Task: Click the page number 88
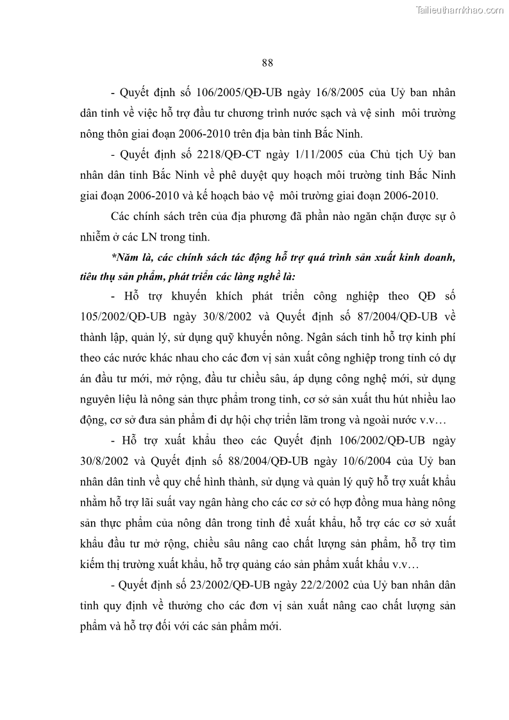268,63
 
